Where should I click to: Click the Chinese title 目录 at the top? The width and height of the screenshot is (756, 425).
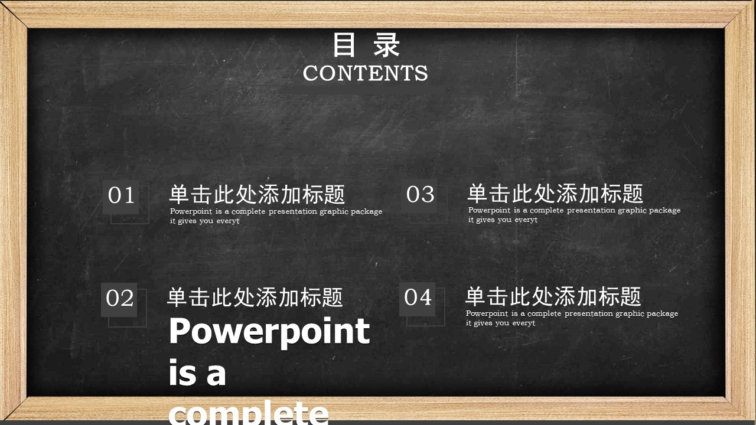(x=366, y=44)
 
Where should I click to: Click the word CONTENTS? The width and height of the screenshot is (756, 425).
(x=365, y=73)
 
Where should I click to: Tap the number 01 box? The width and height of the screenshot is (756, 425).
(x=121, y=197)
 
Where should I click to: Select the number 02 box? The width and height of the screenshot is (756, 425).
(x=119, y=299)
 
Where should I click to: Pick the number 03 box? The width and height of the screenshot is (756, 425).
(x=419, y=195)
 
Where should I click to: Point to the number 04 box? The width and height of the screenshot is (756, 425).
(x=417, y=299)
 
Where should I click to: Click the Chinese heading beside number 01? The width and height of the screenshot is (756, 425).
(x=257, y=194)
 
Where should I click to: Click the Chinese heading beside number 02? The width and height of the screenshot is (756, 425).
(x=255, y=297)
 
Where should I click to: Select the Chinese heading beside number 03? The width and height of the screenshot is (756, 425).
(x=556, y=193)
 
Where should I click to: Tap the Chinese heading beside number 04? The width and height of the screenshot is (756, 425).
(x=553, y=296)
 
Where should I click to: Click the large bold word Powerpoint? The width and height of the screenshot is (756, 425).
(x=269, y=332)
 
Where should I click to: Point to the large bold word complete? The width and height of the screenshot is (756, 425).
(x=249, y=413)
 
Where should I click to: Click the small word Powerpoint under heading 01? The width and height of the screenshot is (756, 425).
(x=191, y=211)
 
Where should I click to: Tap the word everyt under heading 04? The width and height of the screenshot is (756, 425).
(x=523, y=323)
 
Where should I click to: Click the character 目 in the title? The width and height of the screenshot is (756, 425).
(x=344, y=44)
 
